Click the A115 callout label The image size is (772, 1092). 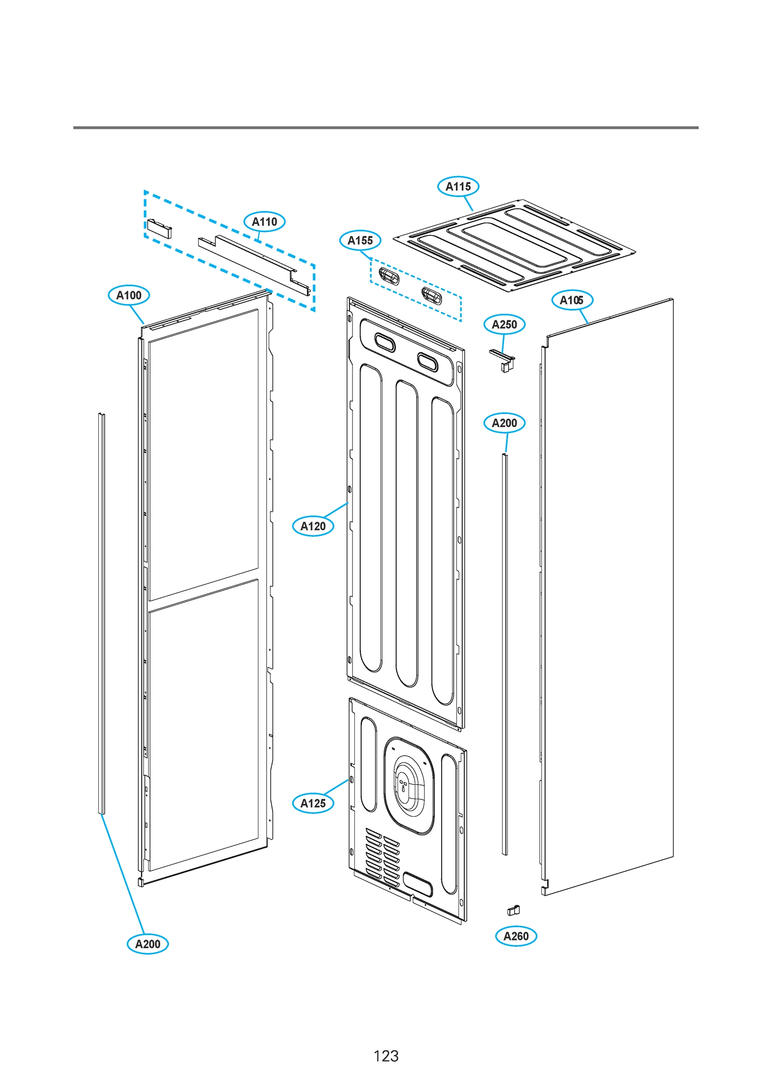coord(458,187)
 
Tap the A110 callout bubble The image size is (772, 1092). coord(264,222)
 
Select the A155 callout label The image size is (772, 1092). coord(360,240)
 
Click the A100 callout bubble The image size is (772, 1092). coord(129,295)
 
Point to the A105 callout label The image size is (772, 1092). coord(572,300)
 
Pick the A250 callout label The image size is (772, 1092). coord(504,324)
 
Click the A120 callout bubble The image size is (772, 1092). coord(313,526)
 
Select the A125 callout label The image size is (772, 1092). coord(313,804)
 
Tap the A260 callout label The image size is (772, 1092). coord(515,936)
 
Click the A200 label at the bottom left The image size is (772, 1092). coord(147,944)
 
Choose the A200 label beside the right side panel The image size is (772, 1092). coord(504,423)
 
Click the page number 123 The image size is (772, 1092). coord(386,1056)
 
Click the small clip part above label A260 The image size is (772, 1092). coord(513,910)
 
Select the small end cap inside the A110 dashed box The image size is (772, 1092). coord(159,228)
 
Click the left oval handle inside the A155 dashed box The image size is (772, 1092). coord(389,275)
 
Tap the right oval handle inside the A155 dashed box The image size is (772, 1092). coord(431,296)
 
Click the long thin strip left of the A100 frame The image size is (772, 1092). coord(101,613)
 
